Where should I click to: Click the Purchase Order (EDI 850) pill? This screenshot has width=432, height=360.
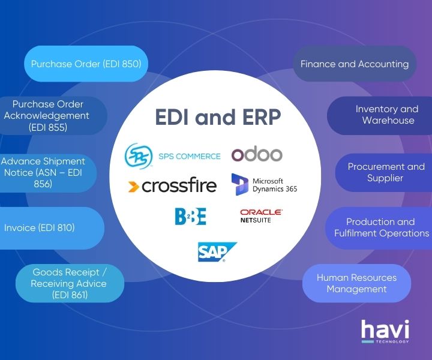[x=86, y=64]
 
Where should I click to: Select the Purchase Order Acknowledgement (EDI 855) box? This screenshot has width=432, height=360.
[x=51, y=116]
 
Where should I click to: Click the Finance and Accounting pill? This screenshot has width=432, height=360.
[x=354, y=64]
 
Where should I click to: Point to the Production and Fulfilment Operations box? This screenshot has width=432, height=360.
[x=382, y=227]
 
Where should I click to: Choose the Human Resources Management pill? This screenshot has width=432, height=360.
[x=356, y=283]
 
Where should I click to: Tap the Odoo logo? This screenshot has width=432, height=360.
[x=257, y=154]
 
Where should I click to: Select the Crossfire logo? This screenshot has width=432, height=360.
[x=172, y=186]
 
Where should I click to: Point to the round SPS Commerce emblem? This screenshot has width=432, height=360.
[x=139, y=155]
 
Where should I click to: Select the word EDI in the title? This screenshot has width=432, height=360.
[x=175, y=118]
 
